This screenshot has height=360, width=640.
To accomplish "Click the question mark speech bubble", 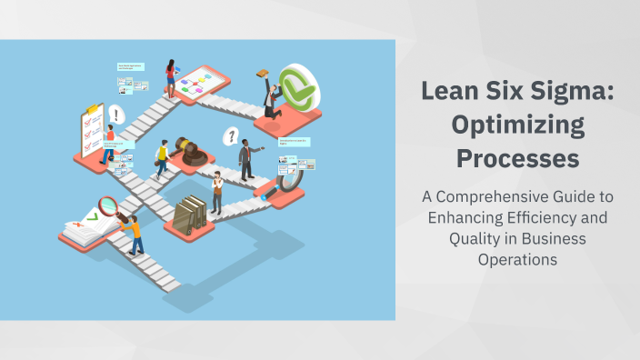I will (233, 136).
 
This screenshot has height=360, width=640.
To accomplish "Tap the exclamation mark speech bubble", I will (116, 115).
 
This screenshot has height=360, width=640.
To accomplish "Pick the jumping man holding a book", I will (270, 97).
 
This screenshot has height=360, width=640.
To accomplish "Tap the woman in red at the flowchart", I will (170, 78).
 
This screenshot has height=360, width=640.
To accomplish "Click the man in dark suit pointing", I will (246, 159).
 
